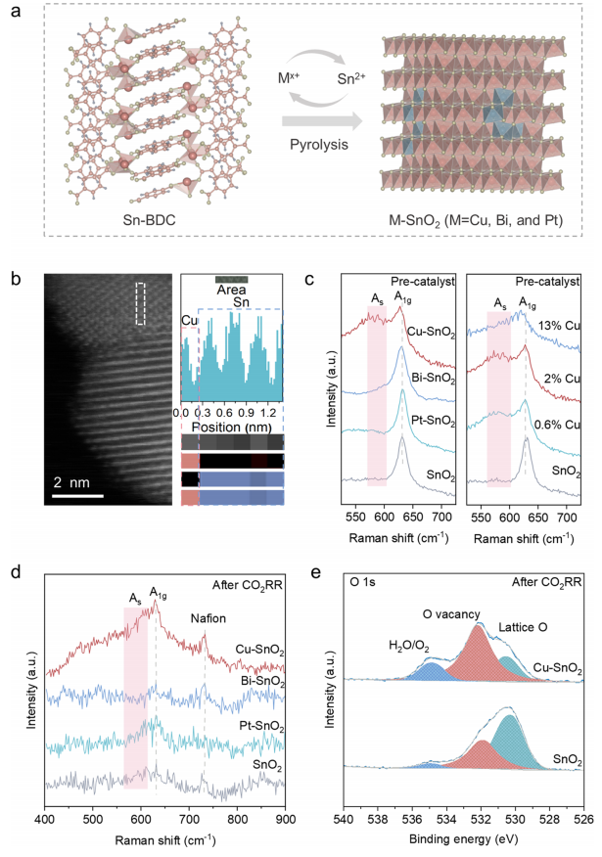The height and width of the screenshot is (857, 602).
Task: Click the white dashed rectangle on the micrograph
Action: [x=141, y=303]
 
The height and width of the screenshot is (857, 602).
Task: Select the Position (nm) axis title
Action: [x=231, y=399]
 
